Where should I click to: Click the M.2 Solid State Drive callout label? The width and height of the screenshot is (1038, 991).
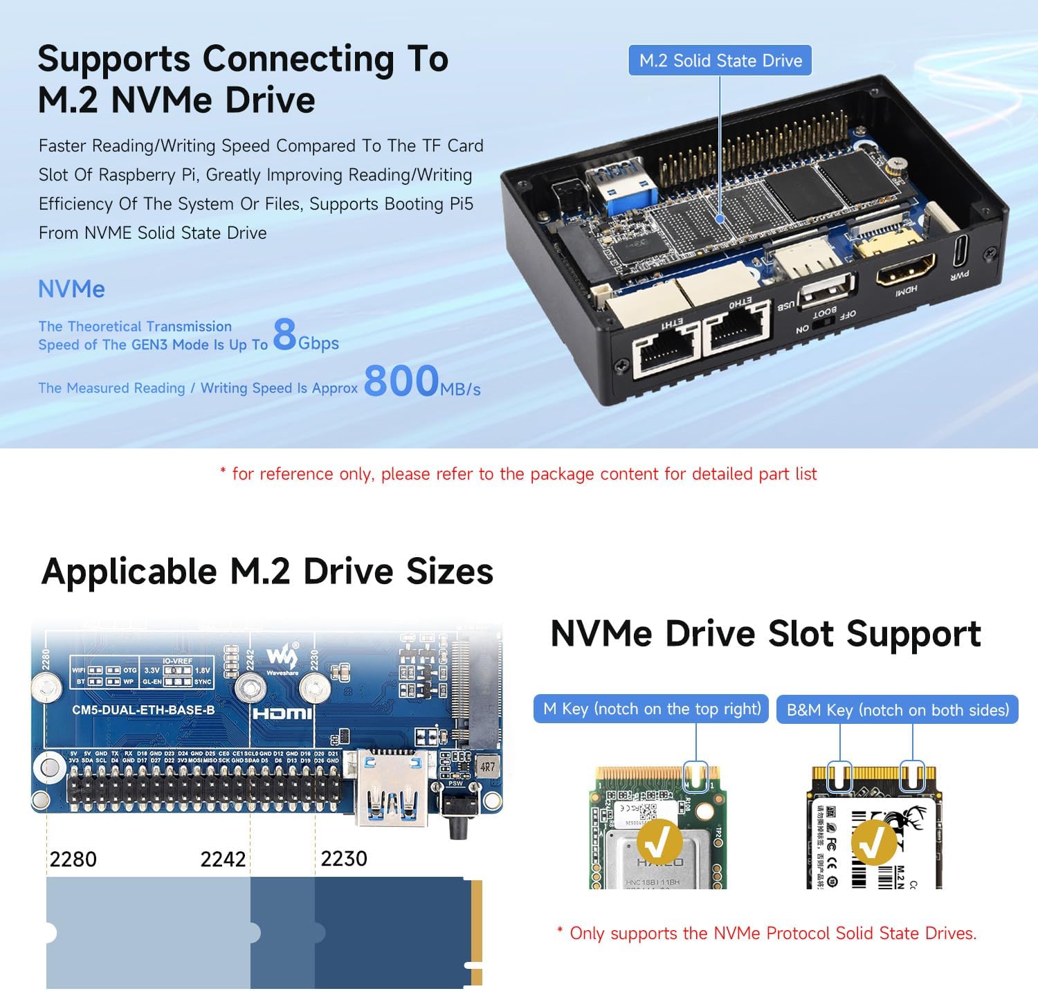click(x=720, y=61)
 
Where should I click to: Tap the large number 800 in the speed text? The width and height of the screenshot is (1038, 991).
click(x=401, y=381)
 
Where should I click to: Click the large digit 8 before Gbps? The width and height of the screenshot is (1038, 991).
click(x=284, y=334)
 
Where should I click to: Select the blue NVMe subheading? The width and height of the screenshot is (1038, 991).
click(x=71, y=289)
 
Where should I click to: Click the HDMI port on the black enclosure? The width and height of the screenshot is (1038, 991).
click(x=905, y=269)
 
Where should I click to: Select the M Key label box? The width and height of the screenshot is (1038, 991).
click(x=651, y=709)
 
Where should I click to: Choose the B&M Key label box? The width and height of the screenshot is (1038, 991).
click(x=897, y=710)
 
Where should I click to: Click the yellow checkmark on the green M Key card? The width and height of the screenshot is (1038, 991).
click(x=659, y=842)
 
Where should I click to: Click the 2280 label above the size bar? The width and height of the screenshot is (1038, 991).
click(x=73, y=860)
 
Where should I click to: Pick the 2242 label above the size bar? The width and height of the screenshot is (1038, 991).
click(x=223, y=860)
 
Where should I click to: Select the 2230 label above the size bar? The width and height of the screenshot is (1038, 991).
click(x=344, y=859)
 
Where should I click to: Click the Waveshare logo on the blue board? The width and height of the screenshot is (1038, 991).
click(x=282, y=659)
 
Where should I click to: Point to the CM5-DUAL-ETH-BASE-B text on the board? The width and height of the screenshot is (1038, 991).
click(x=143, y=710)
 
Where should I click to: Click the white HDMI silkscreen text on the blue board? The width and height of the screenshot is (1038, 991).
click(x=282, y=713)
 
